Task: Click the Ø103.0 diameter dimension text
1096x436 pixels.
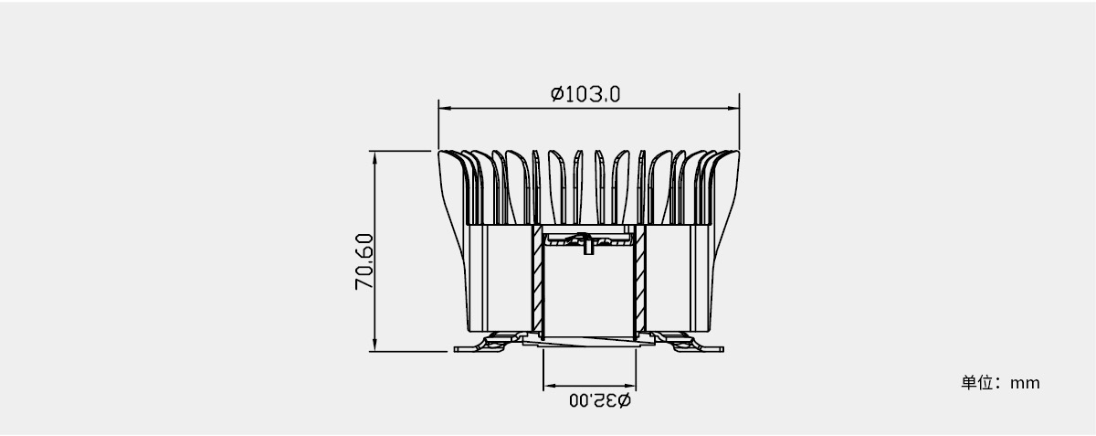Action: click(585, 94)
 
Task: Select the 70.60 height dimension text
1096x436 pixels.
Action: click(364, 261)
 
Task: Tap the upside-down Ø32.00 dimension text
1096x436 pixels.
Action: click(600, 400)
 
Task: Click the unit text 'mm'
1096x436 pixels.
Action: click(1025, 383)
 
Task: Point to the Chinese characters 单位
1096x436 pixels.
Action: click(976, 383)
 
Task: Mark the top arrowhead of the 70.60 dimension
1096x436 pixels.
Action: click(374, 157)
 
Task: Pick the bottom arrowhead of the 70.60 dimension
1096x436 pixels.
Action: click(374, 345)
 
